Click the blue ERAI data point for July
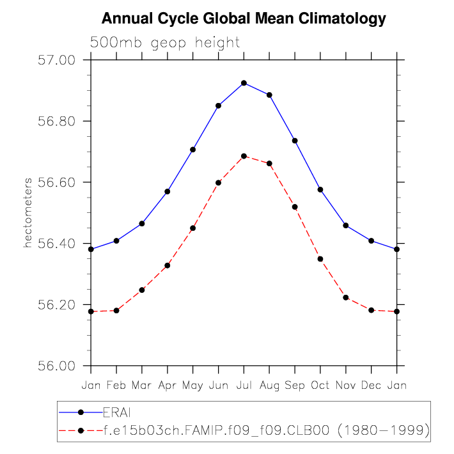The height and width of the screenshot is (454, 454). (x=244, y=83)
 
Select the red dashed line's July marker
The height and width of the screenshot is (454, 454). (x=244, y=156)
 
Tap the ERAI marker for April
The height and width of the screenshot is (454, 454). (x=168, y=191)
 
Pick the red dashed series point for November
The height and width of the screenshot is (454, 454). (x=346, y=297)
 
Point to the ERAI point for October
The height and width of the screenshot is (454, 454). (x=320, y=189)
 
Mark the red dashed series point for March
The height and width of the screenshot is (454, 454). (x=142, y=290)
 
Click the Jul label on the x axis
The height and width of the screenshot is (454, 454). (x=244, y=386)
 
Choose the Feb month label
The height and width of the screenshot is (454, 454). (x=116, y=386)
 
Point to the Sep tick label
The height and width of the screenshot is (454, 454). (x=295, y=386)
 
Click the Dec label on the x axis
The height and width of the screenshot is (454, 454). (x=372, y=386)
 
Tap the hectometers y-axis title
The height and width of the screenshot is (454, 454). (x=28, y=213)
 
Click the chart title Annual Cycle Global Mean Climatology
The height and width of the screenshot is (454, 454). (x=244, y=19)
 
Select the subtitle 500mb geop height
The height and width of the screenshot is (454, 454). (x=165, y=43)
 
